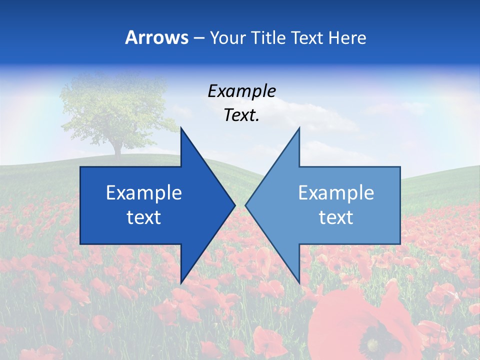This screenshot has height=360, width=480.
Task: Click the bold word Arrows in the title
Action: (x=156, y=37)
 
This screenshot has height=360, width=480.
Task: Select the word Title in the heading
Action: (x=268, y=37)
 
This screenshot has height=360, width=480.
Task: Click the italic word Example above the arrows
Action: (x=242, y=91)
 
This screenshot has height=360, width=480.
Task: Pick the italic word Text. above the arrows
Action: (x=242, y=115)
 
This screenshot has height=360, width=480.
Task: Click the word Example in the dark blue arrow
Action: (x=144, y=192)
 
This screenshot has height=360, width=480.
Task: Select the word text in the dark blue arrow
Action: (x=144, y=217)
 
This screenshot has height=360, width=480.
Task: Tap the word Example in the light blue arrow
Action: (x=336, y=192)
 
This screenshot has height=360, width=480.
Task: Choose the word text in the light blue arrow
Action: (x=336, y=217)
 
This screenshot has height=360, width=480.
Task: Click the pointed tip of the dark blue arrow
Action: (x=234, y=205)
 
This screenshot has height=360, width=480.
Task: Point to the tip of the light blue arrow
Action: (x=246, y=205)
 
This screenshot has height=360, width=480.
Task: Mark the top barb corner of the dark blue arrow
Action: (x=181, y=128)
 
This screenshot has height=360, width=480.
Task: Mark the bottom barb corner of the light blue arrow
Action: (x=299, y=282)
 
